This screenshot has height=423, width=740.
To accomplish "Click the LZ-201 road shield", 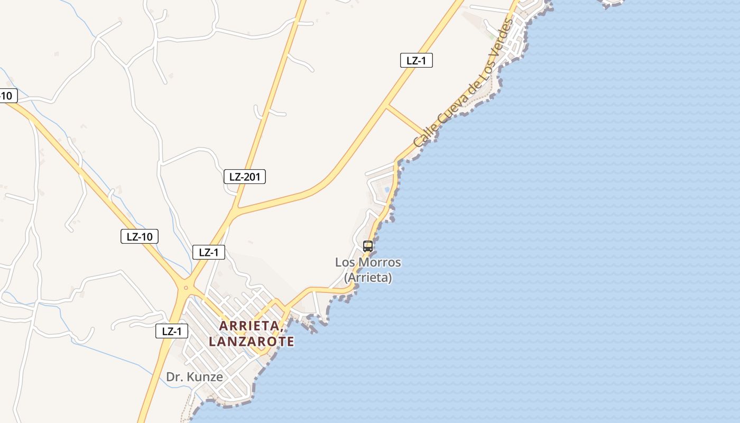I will (x=245, y=177).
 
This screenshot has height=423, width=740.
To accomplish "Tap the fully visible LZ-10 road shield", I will (x=140, y=236).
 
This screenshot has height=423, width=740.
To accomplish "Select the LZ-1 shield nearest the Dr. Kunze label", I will (x=172, y=332).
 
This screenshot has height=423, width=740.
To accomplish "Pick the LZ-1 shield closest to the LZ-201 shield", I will (x=209, y=252).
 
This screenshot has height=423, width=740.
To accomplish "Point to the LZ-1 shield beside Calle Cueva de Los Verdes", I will (x=416, y=60).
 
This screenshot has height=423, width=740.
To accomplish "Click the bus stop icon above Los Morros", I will (x=368, y=246).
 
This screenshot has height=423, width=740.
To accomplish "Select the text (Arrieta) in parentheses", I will (x=368, y=277).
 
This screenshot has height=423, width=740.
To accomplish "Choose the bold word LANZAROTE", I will (x=252, y=342).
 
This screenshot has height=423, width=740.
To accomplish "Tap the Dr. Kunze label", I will (x=195, y=377).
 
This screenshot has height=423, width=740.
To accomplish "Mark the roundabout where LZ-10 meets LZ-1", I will (x=186, y=288).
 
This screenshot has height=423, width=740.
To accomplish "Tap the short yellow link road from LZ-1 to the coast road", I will (x=406, y=119).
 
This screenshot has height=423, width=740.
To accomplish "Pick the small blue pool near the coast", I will (x=387, y=189).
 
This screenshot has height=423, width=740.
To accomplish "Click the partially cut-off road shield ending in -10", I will (x=7, y=96).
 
